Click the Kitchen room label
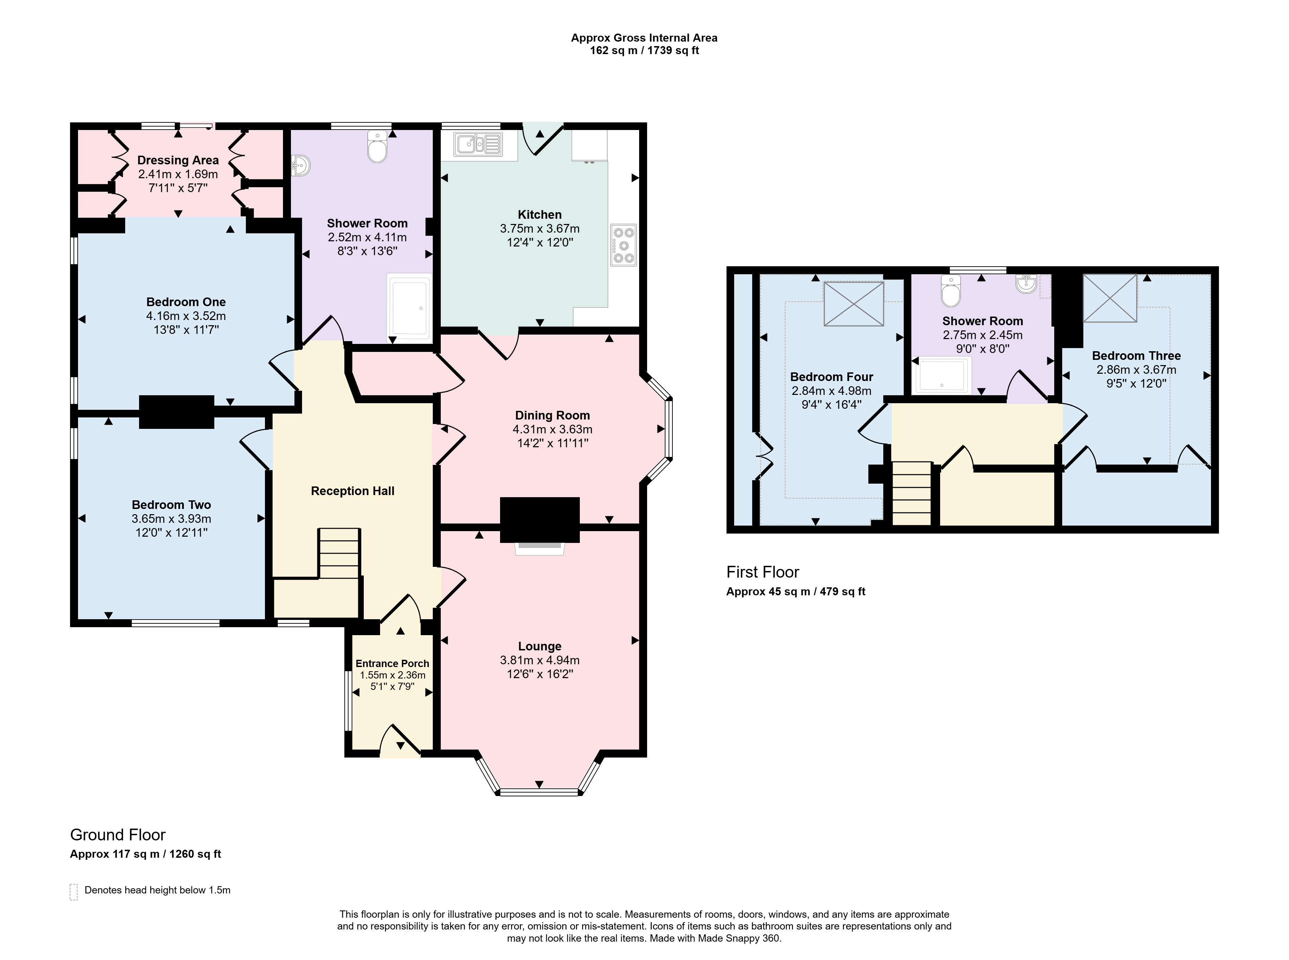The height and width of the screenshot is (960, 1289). (x=539, y=214)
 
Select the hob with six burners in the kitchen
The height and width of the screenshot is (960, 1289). (x=624, y=245)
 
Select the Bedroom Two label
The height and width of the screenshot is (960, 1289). (x=171, y=504)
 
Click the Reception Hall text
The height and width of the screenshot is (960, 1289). (x=352, y=491)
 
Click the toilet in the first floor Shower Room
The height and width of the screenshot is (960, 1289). (x=951, y=291)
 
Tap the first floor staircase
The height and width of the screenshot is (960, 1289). (x=912, y=493)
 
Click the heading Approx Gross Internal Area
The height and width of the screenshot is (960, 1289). (x=644, y=38)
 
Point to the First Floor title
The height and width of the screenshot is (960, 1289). (x=763, y=572)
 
